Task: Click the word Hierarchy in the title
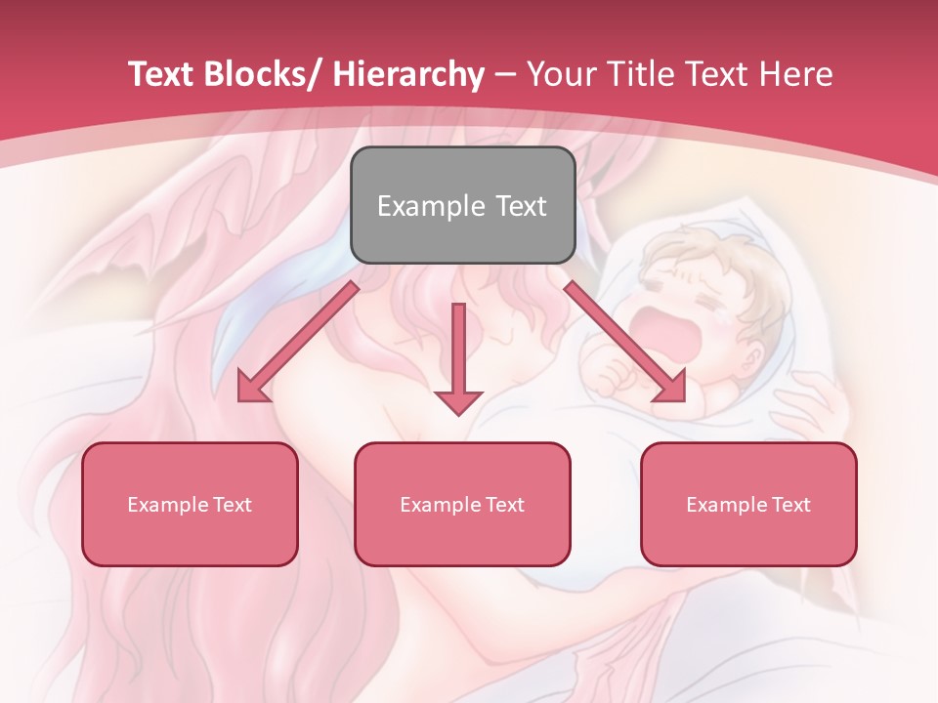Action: [408, 74]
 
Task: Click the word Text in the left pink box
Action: [231, 505]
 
